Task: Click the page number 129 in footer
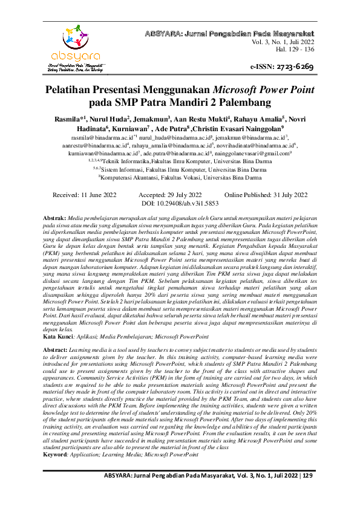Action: pyautogui.click(x=308, y=493)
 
